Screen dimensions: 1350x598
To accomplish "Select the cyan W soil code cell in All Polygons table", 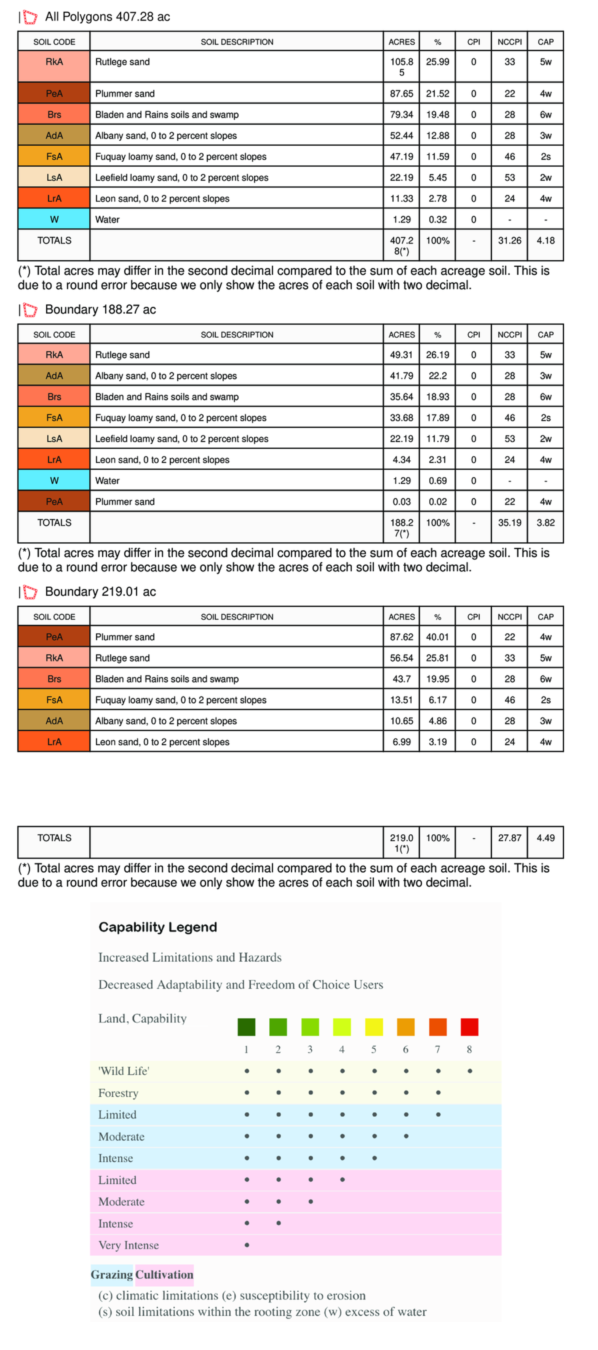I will [x=54, y=219].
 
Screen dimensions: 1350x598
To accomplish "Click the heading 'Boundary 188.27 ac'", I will [x=100, y=309].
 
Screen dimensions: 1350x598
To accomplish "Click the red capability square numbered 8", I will [x=469, y=1026].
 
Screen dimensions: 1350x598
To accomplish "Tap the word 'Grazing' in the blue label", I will [x=112, y=1274].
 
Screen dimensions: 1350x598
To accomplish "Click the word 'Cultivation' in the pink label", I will [x=164, y=1274].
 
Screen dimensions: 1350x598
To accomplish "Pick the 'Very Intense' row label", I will [x=128, y=1245].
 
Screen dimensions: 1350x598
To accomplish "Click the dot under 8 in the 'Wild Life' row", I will [x=470, y=1071].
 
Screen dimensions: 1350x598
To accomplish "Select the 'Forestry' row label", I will [x=118, y=1093].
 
